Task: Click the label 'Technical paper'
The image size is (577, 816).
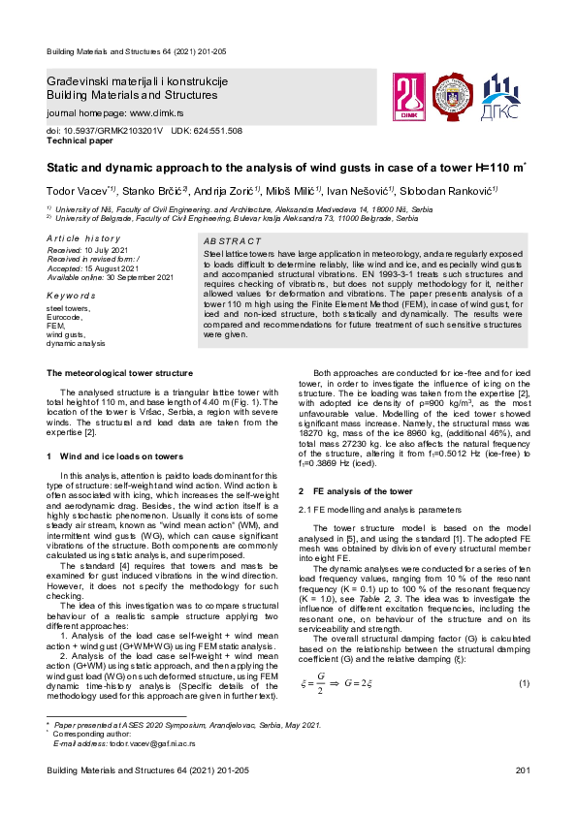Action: point(80,140)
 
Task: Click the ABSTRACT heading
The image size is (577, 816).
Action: point(232,240)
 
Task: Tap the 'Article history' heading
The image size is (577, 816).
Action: point(83,238)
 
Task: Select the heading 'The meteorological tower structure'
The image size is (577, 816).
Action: point(119,373)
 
